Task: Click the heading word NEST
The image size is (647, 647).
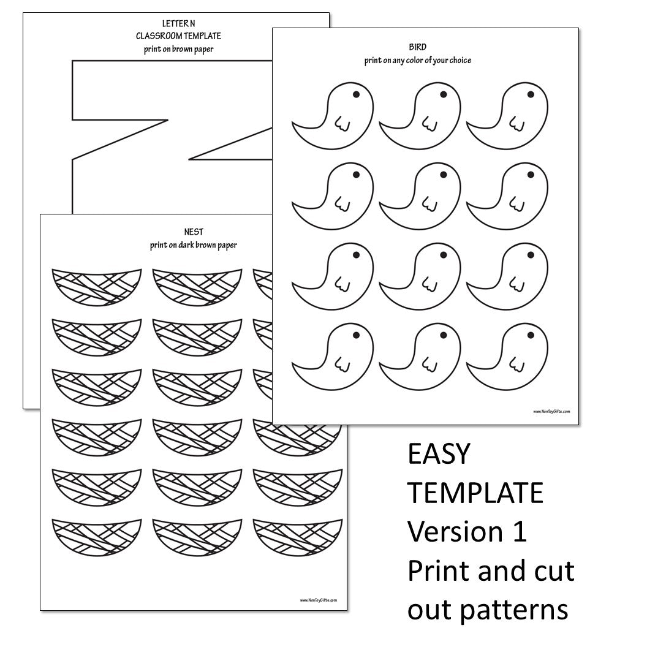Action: (x=193, y=232)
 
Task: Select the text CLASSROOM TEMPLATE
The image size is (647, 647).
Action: (x=178, y=36)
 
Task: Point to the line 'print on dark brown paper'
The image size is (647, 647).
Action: (x=193, y=246)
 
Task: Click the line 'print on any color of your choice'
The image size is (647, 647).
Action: (x=417, y=61)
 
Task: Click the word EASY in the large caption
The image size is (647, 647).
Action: (x=439, y=454)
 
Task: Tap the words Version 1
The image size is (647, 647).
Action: (x=467, y=531)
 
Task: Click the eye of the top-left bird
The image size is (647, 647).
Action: (x=355, y=95)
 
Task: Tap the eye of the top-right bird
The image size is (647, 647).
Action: (x=531, y=94)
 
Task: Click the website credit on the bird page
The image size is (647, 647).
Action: (x=551, y=412)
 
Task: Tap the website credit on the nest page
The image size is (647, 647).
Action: (x=318, y=600)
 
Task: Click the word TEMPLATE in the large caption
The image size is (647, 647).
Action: (x=475, y=493)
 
